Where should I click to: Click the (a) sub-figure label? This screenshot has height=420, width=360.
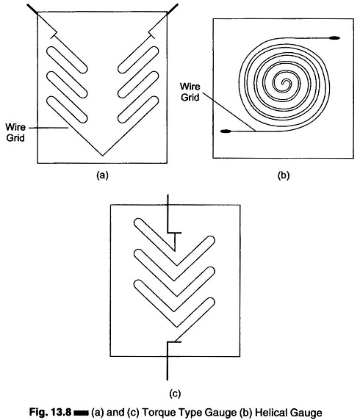point(102,175)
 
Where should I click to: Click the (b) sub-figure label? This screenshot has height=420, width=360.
point(284,175)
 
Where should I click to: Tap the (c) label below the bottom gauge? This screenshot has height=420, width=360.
point(175,394)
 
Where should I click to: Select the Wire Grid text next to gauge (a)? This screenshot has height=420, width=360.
point(15,132)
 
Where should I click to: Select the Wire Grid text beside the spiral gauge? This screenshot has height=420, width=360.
point(190,92)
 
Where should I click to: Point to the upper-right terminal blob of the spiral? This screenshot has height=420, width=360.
point(334,37)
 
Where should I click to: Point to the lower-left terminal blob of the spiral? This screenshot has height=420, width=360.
point(226,131)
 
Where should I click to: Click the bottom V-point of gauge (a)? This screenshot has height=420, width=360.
point(103,155)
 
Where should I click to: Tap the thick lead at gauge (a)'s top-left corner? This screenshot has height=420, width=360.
point(33,8)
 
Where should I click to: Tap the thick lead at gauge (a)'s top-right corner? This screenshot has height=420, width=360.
point(173,8)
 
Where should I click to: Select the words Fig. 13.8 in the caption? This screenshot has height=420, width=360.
point(50,412)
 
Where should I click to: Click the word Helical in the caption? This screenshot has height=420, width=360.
point(272,412)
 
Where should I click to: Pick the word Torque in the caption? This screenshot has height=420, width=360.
point(158,413)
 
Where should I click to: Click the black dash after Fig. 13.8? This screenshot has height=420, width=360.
point(81,412)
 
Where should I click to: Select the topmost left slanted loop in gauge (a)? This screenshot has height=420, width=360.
point(67,59)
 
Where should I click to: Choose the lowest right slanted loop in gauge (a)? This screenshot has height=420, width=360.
point(138,109)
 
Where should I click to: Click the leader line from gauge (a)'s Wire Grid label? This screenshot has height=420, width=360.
point(48,128)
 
